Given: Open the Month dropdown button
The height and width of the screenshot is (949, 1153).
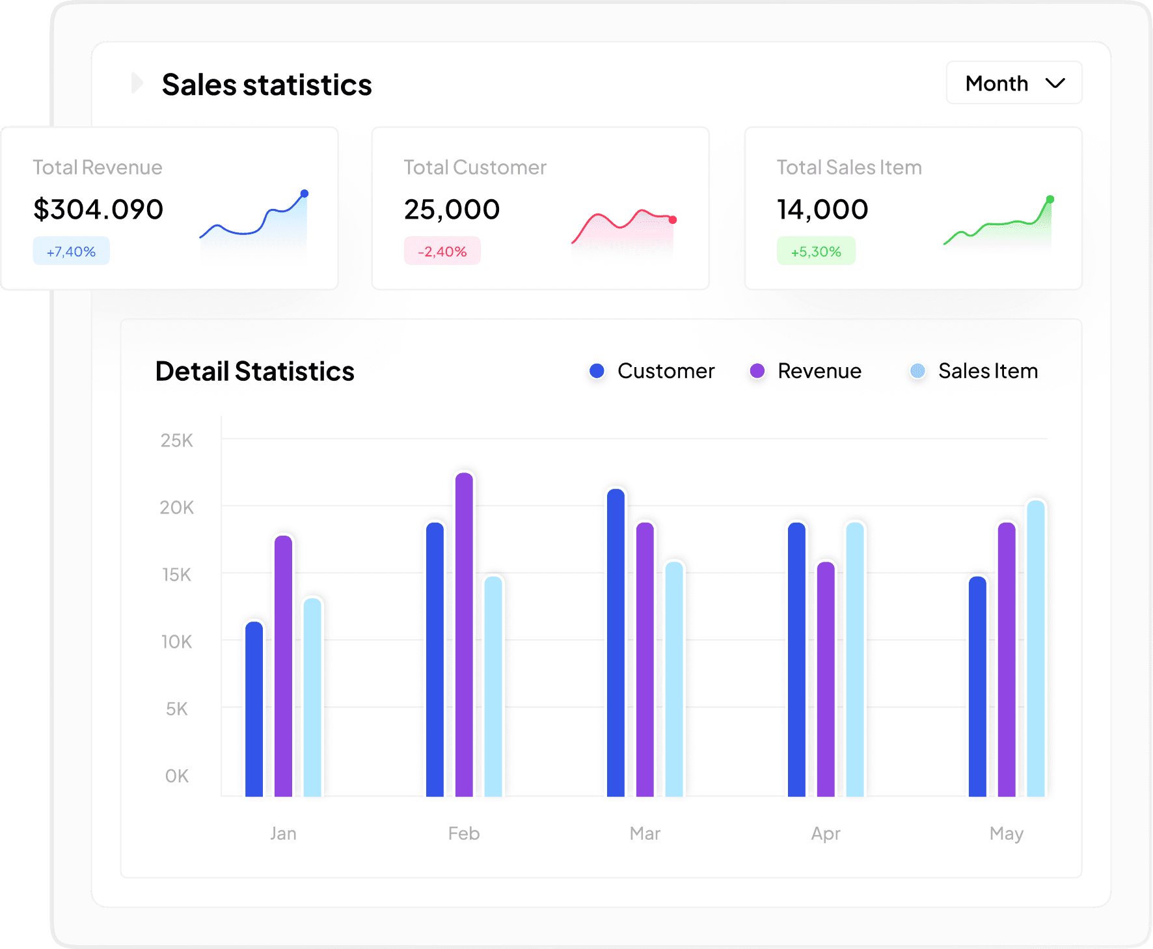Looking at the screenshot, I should click(1014, 83).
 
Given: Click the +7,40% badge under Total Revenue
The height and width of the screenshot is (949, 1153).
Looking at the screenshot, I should click(71, 251).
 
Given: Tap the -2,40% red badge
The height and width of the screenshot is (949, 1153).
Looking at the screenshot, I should click(442, 251).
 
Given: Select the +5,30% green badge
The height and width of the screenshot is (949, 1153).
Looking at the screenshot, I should click(816, 251).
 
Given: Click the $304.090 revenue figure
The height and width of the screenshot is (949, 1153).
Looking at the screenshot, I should click(98, 210).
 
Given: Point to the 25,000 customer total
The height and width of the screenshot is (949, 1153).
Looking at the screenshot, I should click(452, 210).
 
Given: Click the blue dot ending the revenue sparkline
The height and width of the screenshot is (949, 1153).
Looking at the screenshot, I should click(304, 193).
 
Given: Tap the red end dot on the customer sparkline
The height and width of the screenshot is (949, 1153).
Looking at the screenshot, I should click(673, 220).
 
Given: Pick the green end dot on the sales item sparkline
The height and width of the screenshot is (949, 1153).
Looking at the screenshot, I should click(1050, 199).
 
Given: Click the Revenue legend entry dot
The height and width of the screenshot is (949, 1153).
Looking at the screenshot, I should click(757, 371).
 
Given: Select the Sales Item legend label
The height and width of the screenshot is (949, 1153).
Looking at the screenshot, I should click(988, 371).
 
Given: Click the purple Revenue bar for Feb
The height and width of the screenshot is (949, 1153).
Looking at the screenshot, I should click(464, 635).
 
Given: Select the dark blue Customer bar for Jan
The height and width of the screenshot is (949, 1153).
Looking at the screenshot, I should click(254, 709).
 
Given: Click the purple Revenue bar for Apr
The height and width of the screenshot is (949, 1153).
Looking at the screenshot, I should click(826, 680).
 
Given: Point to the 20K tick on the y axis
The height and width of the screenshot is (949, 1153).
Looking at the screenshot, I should click(177, 508).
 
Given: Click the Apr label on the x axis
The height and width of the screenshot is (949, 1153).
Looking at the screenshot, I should click(825, 833).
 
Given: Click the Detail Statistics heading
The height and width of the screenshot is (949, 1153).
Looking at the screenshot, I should click(254, 372).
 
